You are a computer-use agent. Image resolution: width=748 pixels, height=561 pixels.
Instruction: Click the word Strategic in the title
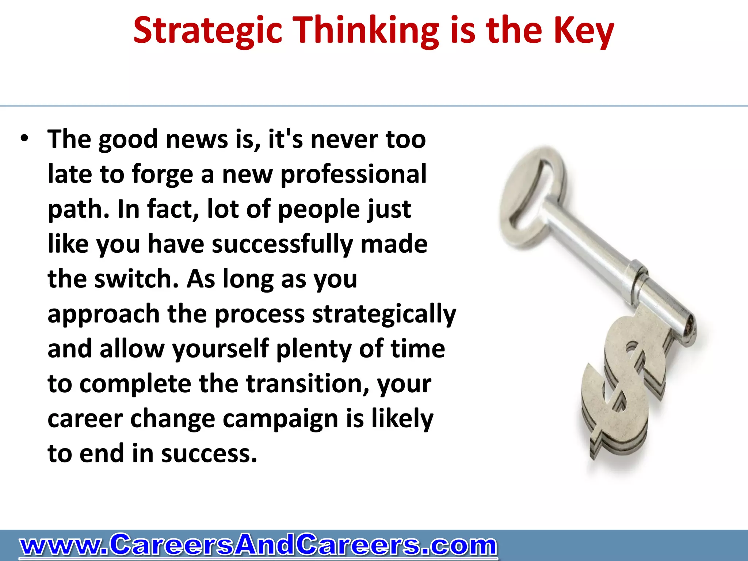[208, 31]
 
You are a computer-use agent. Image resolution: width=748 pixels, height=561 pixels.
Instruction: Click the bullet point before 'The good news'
[24, 139]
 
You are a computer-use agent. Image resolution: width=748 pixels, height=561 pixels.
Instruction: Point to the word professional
[353, 174]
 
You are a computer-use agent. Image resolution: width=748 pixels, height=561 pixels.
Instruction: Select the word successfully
[282, 244]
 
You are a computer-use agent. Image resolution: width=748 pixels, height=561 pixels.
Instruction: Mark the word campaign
[280, 419]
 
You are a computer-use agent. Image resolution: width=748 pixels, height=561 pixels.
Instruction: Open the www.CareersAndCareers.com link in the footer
[258, 546]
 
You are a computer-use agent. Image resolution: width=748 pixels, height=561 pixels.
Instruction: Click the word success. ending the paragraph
[209, 454]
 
